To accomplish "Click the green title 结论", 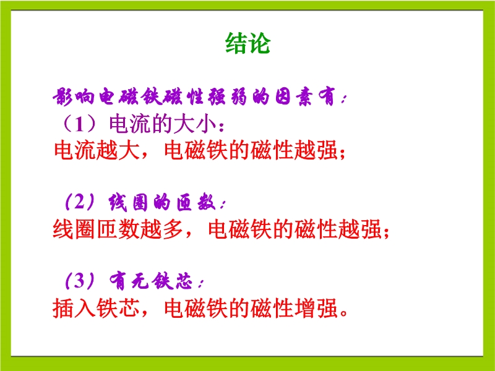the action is (x=248, y=43).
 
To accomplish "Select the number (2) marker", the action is (x=80, y=202).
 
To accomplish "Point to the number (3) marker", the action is (x=80, y=281).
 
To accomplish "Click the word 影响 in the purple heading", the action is (x=73, y=96).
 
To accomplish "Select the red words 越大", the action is (x=118, y=150).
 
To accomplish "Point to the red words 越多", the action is (x=161, y=229).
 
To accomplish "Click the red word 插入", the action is (x=74, y=307).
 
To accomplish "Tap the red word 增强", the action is (x=316, y=307).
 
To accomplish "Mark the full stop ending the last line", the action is (x=343, y=313).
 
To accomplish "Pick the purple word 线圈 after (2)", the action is (x=129, y=202).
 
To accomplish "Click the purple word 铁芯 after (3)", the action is (x=172, y=281).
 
